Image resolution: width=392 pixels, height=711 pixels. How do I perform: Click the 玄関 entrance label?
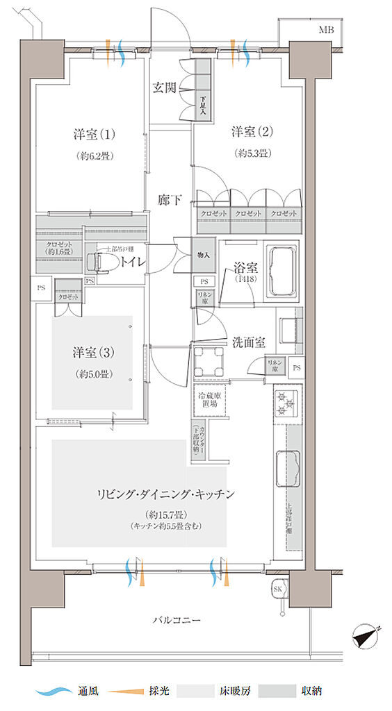coord(165,88)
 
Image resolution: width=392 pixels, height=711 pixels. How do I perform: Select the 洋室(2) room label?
coord(251,131)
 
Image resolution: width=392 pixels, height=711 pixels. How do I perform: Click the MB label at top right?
coord(326,30)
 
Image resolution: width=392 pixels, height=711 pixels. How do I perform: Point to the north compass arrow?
coord(367,633)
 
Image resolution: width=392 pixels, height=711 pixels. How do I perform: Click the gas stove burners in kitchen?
coord(285,404)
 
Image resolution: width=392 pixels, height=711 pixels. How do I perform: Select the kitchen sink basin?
coord(287,469)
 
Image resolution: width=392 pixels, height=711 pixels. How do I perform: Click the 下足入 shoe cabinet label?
coord(203,104)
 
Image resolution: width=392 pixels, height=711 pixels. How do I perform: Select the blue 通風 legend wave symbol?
coord(54,691)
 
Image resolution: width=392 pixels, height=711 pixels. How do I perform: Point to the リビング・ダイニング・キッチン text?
coord(165,494)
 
